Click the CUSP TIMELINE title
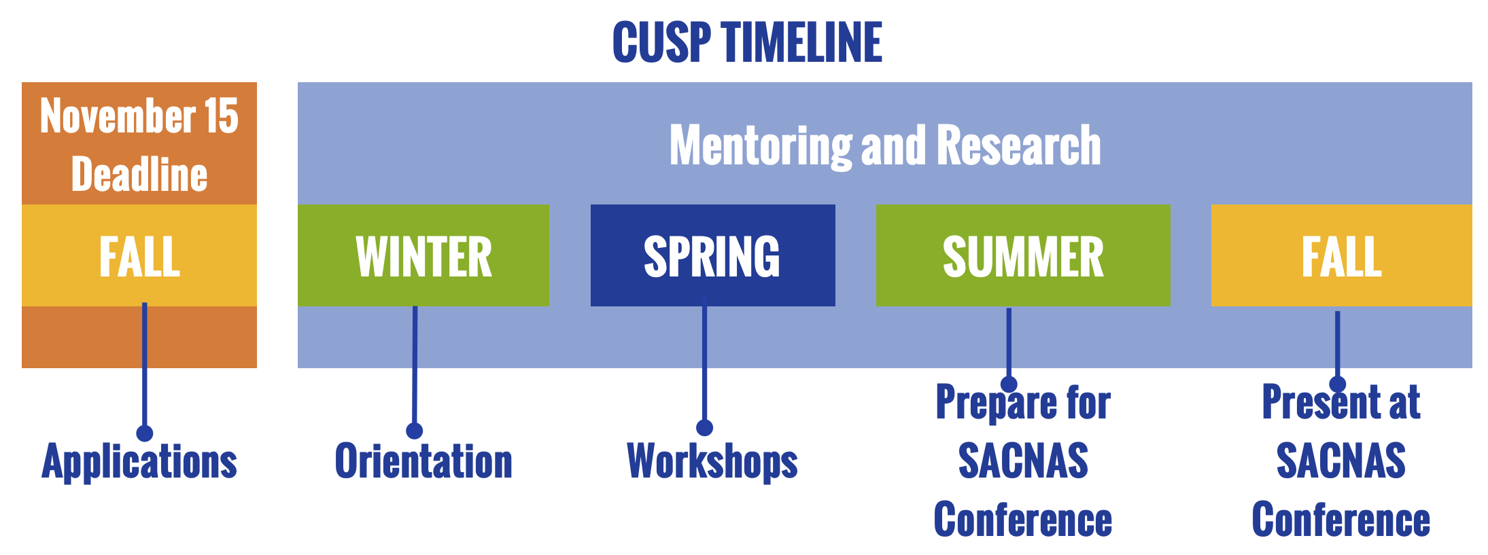pyautogui.click(x=747, y=42)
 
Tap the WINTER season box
pyautogui.click(x=423, y=255)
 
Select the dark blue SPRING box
pyautogui.click(x=712, y=255)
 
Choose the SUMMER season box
pyautogui.click(x=1023, y=255)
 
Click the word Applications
pyautogui.click(x=139, y=462)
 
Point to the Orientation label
pyautogui.click(x=423, y=461)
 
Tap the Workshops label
pyautogui.click(x=712, y=462)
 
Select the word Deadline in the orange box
pyautogui.click(x=139, y=175)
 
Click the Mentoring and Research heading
pyautogui.click(x=885, y=145)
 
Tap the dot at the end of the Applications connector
pyautogui.click(x=144, y=433)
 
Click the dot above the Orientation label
pyautogui.click(x=414, y=431)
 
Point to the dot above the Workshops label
pyautogui.click(x=704, y=427)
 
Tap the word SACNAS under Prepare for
pyautogui.click(x=1023, y=461)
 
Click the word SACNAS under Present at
pyautogui.click(x=1340, y=461)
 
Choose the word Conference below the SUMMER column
pyautogui.click(x=1023, y=520)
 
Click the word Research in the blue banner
pyautogui.click(x=1019, y=145)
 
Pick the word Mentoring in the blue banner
pyautogui.click(x=761, y=146)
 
